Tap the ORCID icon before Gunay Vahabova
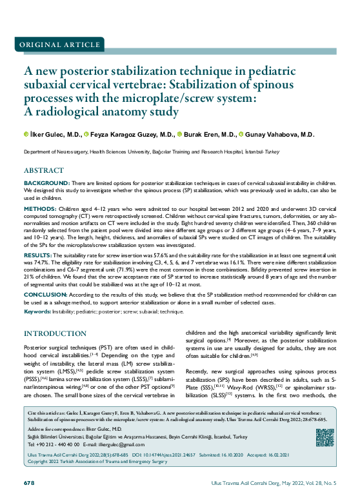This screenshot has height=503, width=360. pyautogui.click(x=240, y=135)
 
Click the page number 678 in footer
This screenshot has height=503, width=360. pyautogui.click(x=28, y=483)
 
